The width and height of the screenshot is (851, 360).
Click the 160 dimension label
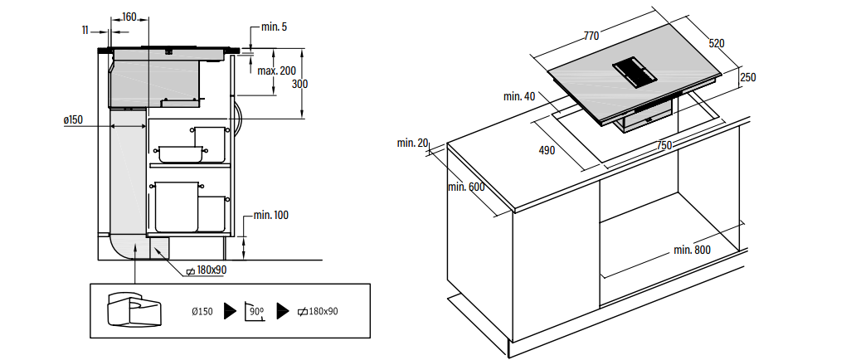coord(129,17)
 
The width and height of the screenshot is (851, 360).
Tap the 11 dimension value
coord(85,31)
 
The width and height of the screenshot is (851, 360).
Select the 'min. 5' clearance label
coord(274,27)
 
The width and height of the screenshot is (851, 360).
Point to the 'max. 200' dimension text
coord(277,71)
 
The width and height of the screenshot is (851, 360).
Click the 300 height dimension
coord(299,84)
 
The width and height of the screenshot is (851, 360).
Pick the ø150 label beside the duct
coord(73,119)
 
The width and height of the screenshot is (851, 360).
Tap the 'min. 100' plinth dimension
coord(271,215)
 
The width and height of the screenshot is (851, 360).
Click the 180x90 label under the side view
coord(207,270)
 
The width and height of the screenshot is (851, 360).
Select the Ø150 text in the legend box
coord(202,312)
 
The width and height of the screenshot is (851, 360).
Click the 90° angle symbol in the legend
coord(255,312)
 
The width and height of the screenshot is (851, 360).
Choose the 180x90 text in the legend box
coord(318,312)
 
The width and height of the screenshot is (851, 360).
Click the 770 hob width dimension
coord(591,36)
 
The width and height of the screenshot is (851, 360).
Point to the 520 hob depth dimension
coord(717,43)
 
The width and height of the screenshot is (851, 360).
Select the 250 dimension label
coord(748,77)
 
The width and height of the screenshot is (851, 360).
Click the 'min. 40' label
coord(519,97)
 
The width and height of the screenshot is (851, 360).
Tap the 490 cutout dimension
coord(547,150)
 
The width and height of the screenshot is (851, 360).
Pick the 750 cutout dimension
coord(664,145)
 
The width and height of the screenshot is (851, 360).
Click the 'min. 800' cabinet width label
coord(692,250)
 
